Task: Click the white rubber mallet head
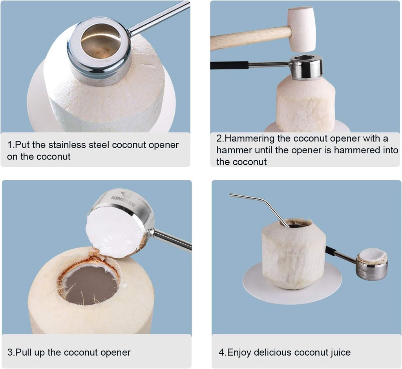301,29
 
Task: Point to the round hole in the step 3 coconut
89,284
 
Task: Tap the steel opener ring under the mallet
306,67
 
